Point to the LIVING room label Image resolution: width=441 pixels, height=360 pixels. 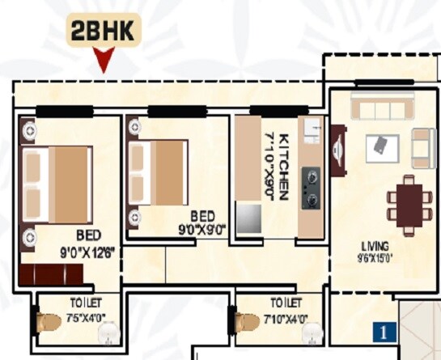[375, 245]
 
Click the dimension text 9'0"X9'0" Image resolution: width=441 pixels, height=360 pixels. [202, 229]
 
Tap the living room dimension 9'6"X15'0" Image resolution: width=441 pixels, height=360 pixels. [375, 259]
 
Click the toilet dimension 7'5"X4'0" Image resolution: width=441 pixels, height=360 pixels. [86, 316]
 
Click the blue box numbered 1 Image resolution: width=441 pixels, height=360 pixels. [384, 330]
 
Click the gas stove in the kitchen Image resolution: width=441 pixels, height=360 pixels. [310, 188]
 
